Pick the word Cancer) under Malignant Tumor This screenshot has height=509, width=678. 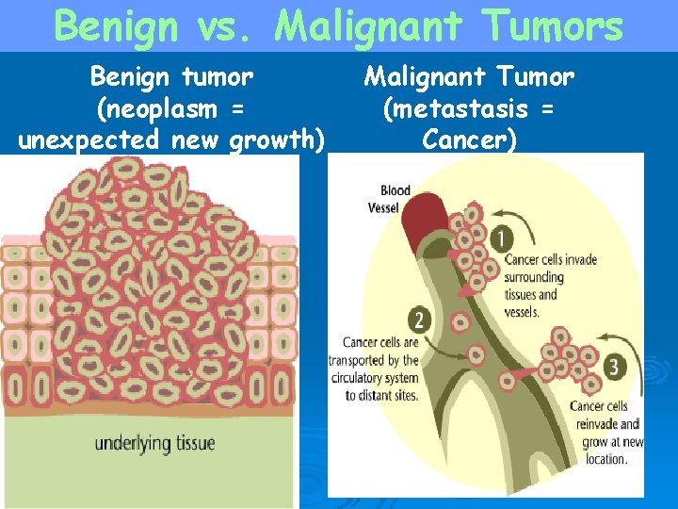tap(470, 140)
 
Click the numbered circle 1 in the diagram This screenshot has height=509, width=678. tap(503, 238)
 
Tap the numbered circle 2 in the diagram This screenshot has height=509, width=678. tap(418, 320)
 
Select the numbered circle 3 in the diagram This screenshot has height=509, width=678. tap(617, 367)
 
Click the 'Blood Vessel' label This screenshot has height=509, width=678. tap(395, 199)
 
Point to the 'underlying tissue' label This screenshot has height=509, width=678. tap(154, 443)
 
